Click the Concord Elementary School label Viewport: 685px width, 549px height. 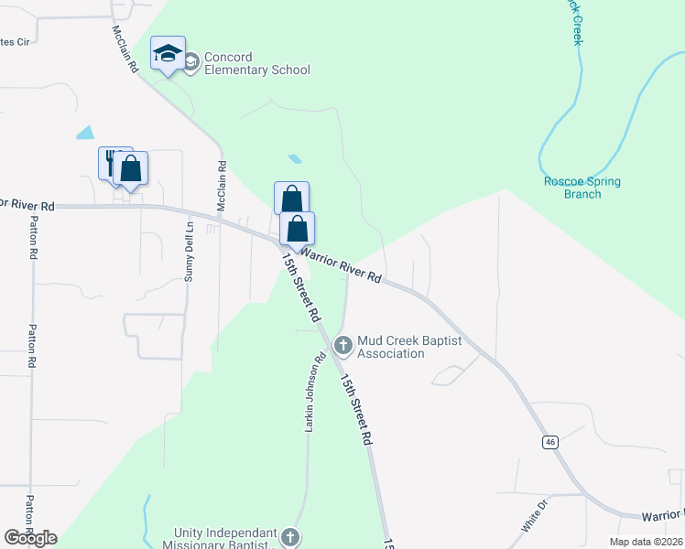coord(256,63)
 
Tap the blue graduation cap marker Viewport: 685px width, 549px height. coord(168,54)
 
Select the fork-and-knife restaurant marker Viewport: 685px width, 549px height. coord(113,163)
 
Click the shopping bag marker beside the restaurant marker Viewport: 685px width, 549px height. coord(131,168)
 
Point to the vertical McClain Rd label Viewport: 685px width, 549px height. coord(222,188)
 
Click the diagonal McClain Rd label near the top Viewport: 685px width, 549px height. coord(125,48)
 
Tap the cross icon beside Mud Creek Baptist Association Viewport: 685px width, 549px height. coord(343,346)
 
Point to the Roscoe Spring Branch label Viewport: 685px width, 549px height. coord(582,188)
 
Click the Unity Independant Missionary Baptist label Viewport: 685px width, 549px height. coord(225,539)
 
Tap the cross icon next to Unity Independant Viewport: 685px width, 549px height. coord(289,537)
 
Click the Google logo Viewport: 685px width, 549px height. coord(30,538)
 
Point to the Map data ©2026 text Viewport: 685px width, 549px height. coord(646,542)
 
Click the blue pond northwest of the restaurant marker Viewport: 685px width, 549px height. coord(85,132)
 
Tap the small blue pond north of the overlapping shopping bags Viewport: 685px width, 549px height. coord(295,158)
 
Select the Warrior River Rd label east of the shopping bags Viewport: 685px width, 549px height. coord(341,264)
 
